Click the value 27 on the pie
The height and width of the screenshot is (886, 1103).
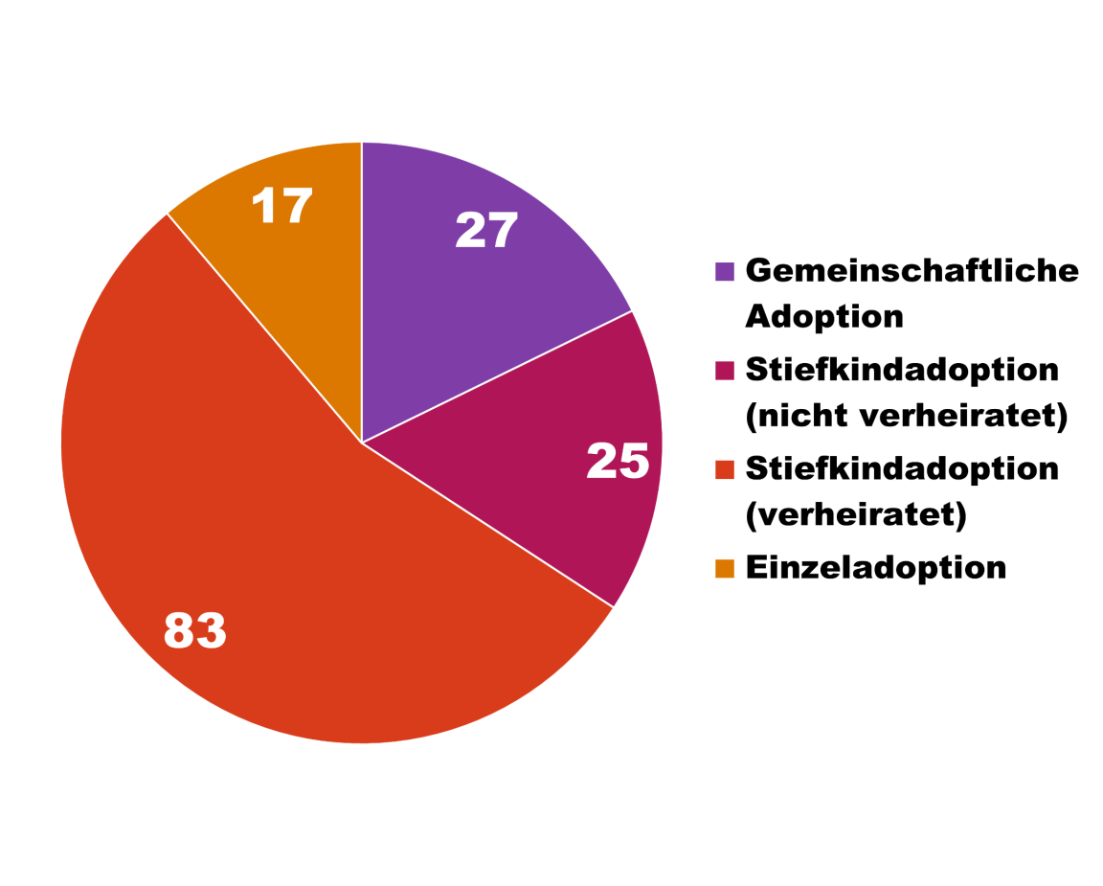click(486, 231)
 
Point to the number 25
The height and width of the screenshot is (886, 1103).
click(618, 461)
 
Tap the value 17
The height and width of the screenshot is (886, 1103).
click(282, 206)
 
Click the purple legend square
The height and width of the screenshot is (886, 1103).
click(725, 271)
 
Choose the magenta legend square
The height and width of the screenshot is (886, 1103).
click(725, 370)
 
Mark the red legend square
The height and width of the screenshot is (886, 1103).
click(725, 469)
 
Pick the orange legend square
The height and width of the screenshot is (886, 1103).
click(725, 568)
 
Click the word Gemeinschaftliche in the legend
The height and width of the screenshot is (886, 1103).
click(912, 271)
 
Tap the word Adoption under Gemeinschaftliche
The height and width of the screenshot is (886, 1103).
click(824, 316)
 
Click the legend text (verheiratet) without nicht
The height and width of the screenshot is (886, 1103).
click(855, 515)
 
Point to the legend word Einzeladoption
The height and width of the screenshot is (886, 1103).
click(875, 567)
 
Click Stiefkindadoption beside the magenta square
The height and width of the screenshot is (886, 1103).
click(902, 370)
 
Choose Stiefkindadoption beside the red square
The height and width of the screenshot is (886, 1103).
click(902, 469)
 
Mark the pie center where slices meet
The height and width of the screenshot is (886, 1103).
click(362, 443)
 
